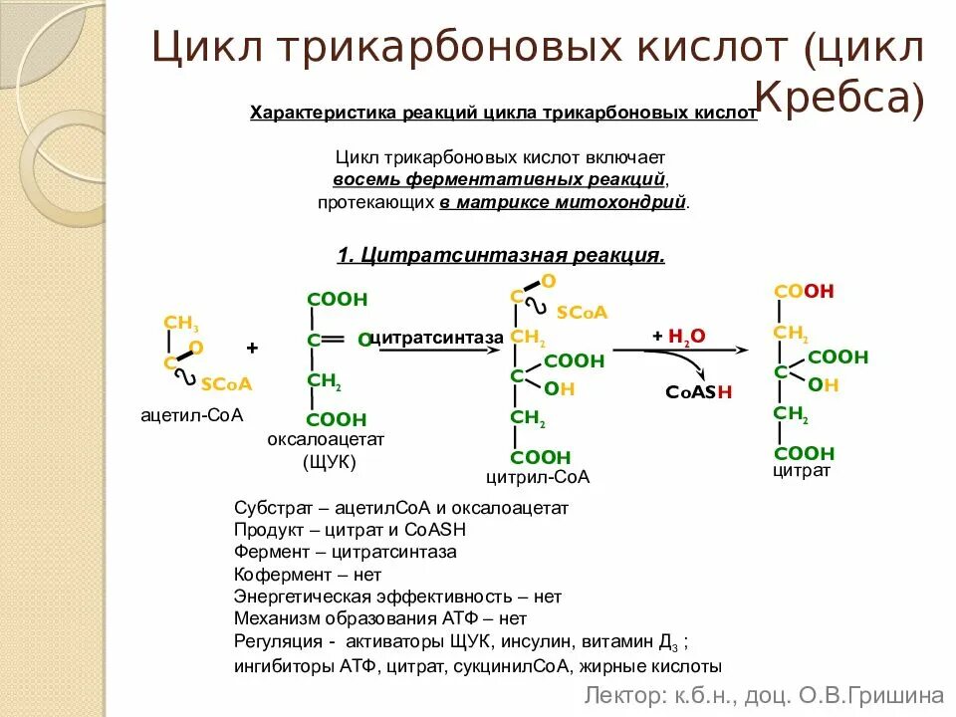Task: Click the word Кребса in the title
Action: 839,98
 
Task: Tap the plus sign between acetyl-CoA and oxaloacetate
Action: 252,348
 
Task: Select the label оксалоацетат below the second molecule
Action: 326,439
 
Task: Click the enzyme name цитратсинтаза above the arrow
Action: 436,339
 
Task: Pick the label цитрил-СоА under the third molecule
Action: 538,477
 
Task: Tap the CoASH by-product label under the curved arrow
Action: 699,391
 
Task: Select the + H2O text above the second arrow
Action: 679,337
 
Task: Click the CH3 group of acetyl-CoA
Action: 181,323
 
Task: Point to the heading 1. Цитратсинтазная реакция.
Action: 501,255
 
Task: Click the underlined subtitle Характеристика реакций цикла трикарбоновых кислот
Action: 503,114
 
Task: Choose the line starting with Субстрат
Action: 401,507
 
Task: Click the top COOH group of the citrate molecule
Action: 804,292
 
